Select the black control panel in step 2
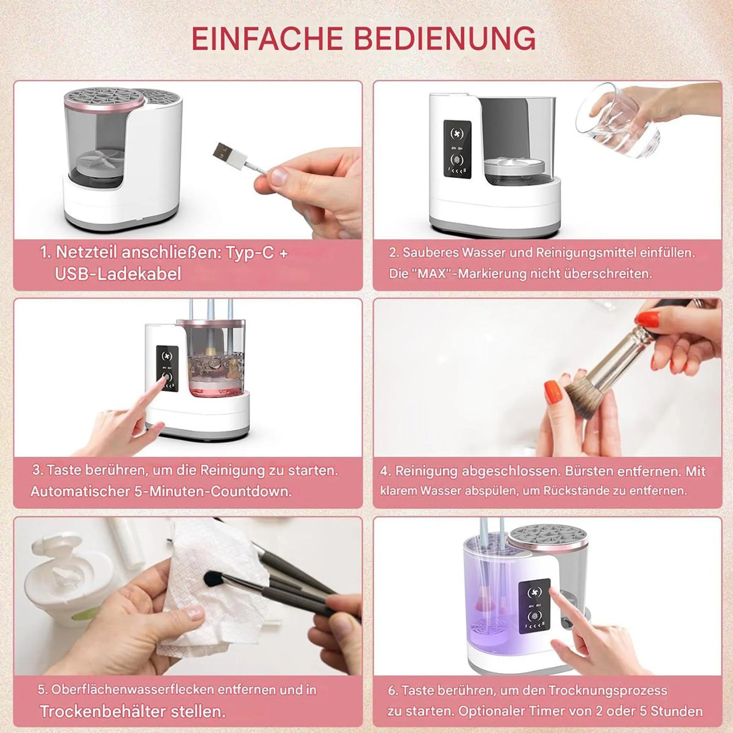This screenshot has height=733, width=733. click(x=458, y=148)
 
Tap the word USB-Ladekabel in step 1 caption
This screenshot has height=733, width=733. click(x=118, y=274)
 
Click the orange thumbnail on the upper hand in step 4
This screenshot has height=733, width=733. click(x=648, y=319)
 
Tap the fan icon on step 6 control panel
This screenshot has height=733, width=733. click(x=534, y=592)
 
